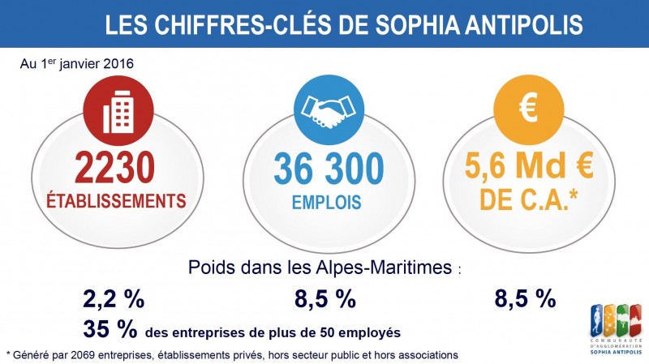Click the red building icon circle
tap(118, 111)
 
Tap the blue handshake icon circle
tap(329, 109)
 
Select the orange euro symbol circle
tap(529, 109)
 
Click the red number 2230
tap(115, 168)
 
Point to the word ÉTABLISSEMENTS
tap(116, 201)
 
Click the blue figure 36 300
tap(329, 169)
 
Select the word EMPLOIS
tap(327, 203)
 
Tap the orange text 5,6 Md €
tap(529, 165)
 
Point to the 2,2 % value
tap(114, 298)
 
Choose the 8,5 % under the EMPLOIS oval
tap(325, 298)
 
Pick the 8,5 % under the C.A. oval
tap(525, 298)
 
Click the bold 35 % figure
tap(110, 329)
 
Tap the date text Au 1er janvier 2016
tap(77, 63)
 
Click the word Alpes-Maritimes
tap(384, 268)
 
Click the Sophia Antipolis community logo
tap(617, 329)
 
